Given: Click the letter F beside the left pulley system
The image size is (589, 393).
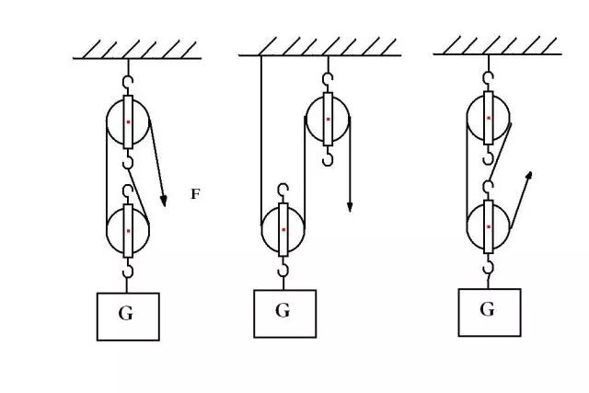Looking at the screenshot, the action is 195,194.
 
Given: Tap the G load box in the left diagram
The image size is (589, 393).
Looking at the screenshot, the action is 128,317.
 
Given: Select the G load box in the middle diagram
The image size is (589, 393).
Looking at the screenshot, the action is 284,314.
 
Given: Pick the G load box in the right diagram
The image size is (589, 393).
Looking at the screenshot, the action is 490,312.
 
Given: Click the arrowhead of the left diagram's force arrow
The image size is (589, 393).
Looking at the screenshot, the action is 164,201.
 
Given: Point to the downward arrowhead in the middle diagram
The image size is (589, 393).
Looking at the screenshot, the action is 350,207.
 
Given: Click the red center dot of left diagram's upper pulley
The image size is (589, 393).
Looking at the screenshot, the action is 128,121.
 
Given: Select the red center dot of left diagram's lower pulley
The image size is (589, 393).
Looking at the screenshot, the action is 128,231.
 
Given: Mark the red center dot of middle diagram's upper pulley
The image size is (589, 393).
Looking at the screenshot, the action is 328,119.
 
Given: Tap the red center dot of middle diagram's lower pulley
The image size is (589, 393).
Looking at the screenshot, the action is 283,229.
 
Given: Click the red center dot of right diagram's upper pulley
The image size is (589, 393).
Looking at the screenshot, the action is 489,118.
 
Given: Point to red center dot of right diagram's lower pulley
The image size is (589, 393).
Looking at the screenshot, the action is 489,226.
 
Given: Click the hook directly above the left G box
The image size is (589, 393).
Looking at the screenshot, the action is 129,271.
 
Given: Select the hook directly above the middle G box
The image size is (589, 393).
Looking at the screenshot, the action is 283,269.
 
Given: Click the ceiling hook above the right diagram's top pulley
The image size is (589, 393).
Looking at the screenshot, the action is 489,78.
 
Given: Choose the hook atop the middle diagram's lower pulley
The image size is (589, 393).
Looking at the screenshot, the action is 283,191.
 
